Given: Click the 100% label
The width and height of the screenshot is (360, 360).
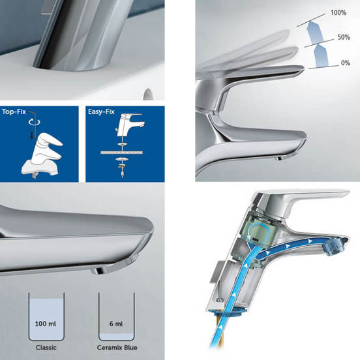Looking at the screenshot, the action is coord(338,12).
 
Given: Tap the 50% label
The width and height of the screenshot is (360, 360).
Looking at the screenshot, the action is coord(344,37).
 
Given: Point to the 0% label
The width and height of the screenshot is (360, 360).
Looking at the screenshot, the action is coord(346,63).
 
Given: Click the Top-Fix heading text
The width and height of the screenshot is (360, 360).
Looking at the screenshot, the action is coord(14,112).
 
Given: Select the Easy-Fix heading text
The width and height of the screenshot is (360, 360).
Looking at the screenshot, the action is coord(101,112).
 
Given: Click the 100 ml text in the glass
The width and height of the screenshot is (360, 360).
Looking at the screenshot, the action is coord(46,324).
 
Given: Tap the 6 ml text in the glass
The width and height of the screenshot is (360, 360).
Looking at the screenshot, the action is coord(116,324).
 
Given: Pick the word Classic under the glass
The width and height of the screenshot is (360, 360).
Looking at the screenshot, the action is coord(46,348).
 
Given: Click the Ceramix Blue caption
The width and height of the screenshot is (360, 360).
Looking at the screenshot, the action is coord(117,348).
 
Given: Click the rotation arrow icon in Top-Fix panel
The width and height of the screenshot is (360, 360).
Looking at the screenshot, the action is coord(34,122).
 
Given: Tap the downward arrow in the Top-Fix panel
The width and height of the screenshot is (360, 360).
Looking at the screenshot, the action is coord(31,136).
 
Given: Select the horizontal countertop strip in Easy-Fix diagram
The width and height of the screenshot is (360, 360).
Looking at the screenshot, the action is coord(122,153).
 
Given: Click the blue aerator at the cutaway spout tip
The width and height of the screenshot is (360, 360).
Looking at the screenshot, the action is coord(332,245).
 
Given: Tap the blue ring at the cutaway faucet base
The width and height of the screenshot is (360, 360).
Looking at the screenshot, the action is coord(230,310).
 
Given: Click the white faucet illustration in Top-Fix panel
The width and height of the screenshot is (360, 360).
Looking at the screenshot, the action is coord(42,156).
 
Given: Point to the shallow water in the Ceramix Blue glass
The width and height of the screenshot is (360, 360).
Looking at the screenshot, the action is coord(116,337).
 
